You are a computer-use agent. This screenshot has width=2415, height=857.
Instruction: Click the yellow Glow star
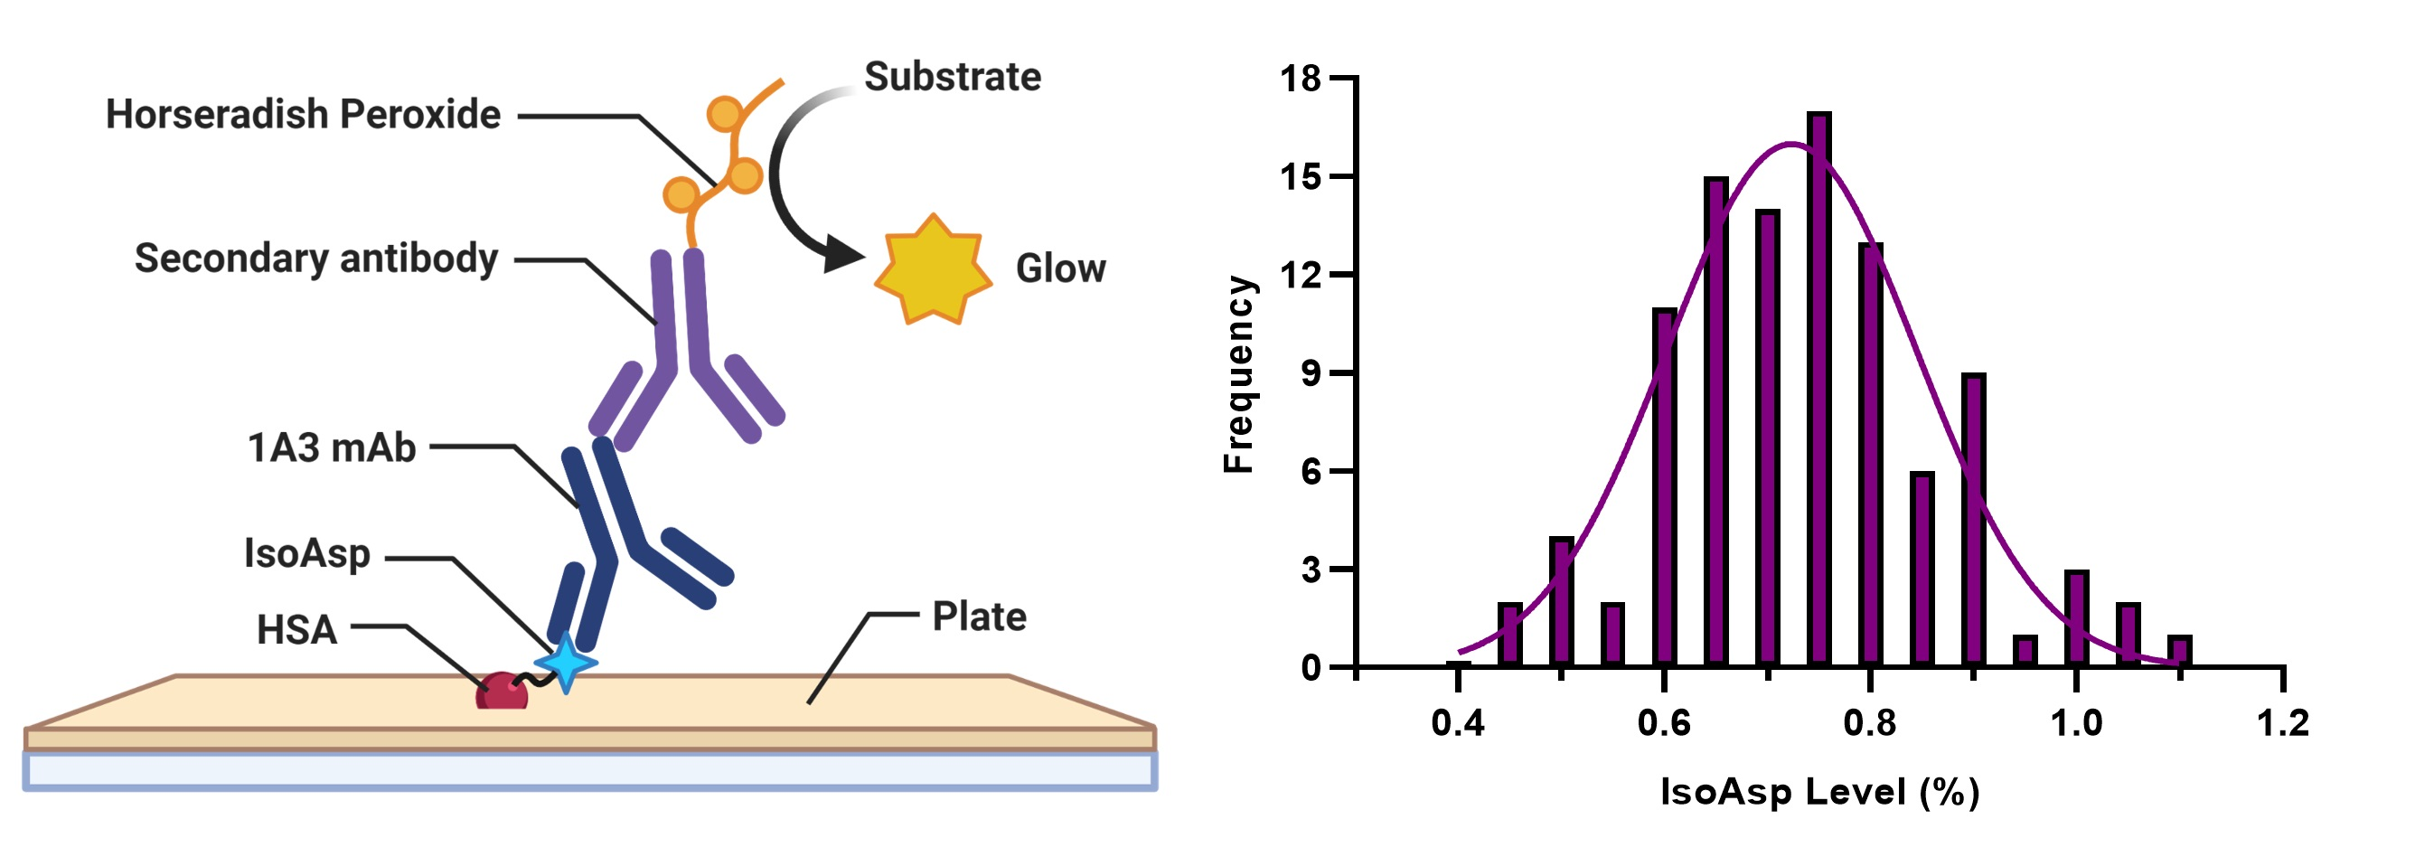click(933, 270)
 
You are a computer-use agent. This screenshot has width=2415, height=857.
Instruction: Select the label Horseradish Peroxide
click(303, 115)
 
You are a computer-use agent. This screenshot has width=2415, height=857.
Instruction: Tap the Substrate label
click(953, 77)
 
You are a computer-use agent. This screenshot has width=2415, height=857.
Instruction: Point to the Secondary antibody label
click(316, 259)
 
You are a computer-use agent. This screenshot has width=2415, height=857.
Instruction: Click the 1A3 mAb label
click(331, 448)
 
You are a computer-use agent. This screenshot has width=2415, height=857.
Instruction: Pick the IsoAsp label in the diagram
click(306, 553)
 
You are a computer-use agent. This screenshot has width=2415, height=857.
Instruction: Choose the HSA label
click(296, 630)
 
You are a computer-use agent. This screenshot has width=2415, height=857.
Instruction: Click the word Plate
click(979, 617)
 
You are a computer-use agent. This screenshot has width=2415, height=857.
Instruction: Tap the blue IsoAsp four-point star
click(565, 663)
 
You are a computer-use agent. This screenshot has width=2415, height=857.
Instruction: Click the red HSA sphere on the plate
click(502, 692)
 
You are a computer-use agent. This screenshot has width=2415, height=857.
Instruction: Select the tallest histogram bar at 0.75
click(1819, 389)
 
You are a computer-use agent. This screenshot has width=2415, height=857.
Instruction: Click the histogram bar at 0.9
click(1973, 521)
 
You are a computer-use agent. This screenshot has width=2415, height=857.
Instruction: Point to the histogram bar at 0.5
click(1561, 602)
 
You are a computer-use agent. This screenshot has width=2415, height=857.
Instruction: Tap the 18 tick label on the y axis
click(1301, 79)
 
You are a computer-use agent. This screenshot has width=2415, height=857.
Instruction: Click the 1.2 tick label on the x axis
click(2283, 723)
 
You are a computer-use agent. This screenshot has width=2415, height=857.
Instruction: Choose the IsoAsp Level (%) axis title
click(1818, 792)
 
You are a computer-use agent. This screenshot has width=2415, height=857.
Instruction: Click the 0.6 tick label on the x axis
click(1664, 723)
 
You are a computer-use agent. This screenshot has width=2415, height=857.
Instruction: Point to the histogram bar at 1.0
click(2077, 619)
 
